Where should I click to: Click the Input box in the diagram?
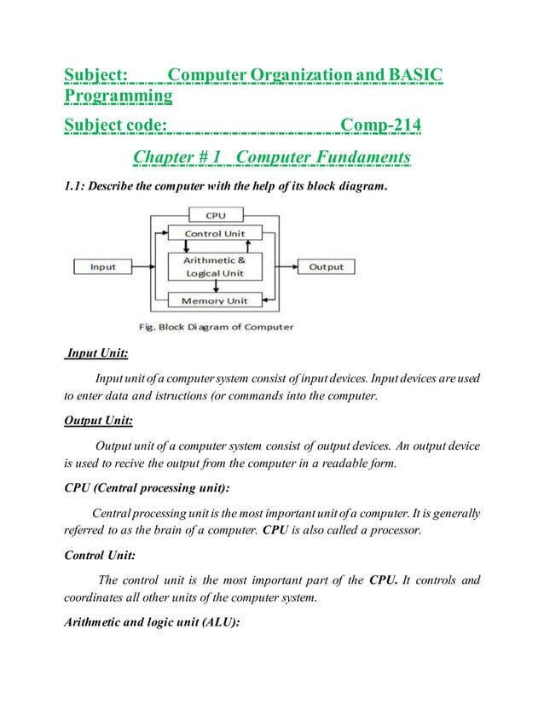coord(102,267)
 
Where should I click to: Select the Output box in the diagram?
coord(326,267)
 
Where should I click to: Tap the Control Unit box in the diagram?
coord(215,233)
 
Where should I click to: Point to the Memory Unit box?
coord(215,300)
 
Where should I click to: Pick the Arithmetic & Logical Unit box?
coord(215,266)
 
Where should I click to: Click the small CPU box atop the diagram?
coord(215,216)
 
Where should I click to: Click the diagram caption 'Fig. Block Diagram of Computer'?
coord(216,326)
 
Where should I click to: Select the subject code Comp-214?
coord(380,127)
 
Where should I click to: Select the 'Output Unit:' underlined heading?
coord(99,420)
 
